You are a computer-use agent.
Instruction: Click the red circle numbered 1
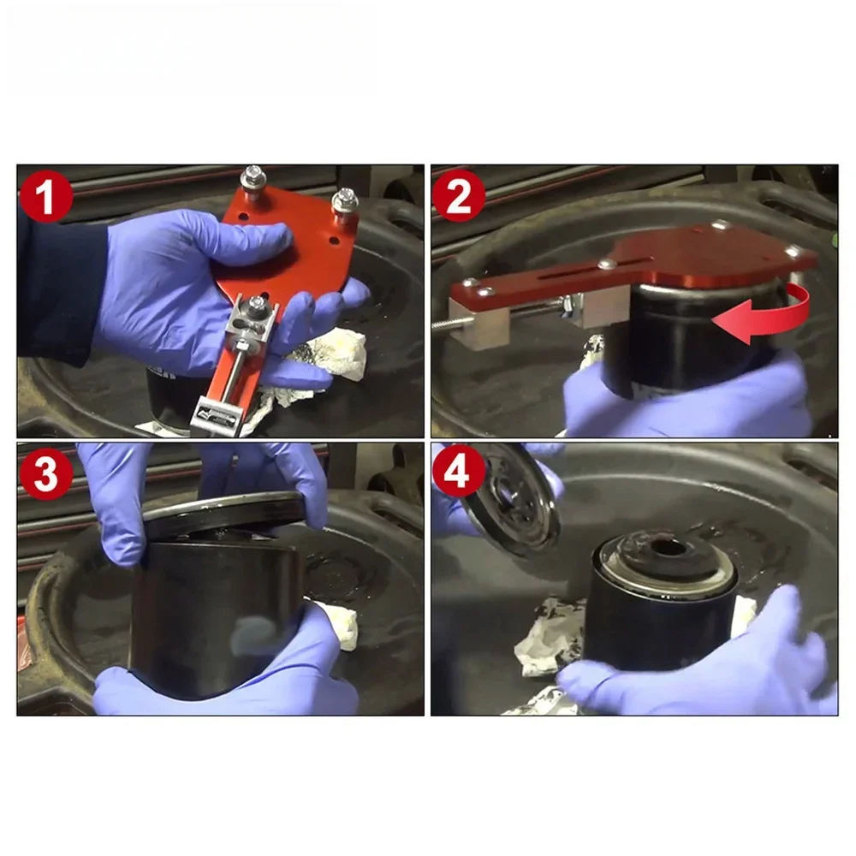(x=46, y=195)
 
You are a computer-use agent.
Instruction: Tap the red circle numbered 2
(x=459, y=195)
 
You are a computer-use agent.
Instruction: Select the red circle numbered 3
(x=46, y=474)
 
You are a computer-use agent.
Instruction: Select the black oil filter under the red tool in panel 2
(x=693, y=338)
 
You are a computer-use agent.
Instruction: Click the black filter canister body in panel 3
(x=218, y=617)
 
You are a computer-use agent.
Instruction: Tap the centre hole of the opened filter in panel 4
(x=667, y=548)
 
